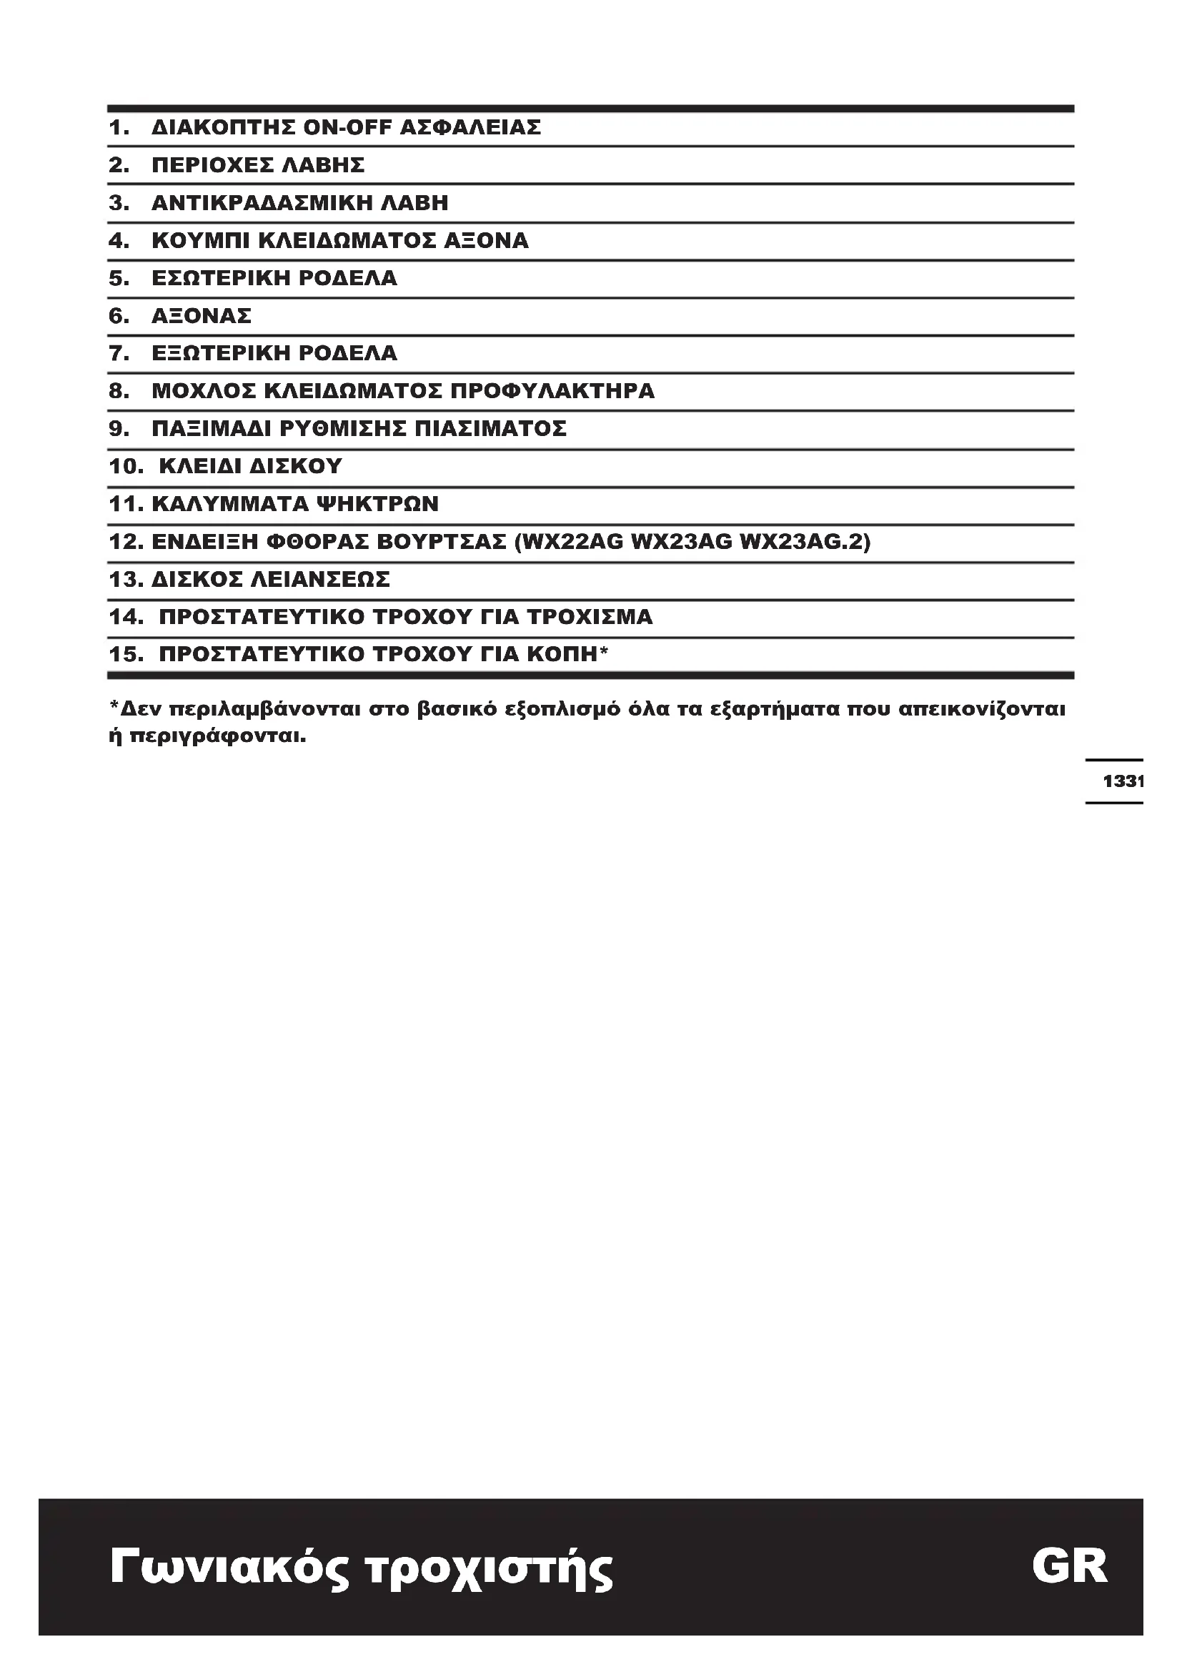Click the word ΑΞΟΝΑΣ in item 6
[x=201, y=317]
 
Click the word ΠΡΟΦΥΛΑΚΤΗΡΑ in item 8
[x=552, y=392]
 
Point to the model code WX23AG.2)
[x=804, y=543]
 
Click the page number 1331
[x=1123, y=782]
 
